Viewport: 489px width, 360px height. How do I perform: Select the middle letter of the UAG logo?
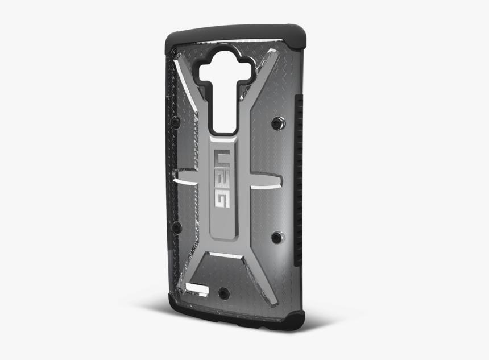pyautogui.click(x=222, y=177)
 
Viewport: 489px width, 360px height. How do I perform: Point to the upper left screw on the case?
pyautogui.click(x=176, y=122)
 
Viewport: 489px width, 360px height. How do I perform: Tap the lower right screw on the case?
pyautogui.click(x=276, y=237)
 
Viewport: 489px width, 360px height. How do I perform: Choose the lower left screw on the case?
pyautogui.click(x=177, y=227)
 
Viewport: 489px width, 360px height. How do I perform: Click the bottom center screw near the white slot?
pyautogui.click(x=223, y=293)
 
